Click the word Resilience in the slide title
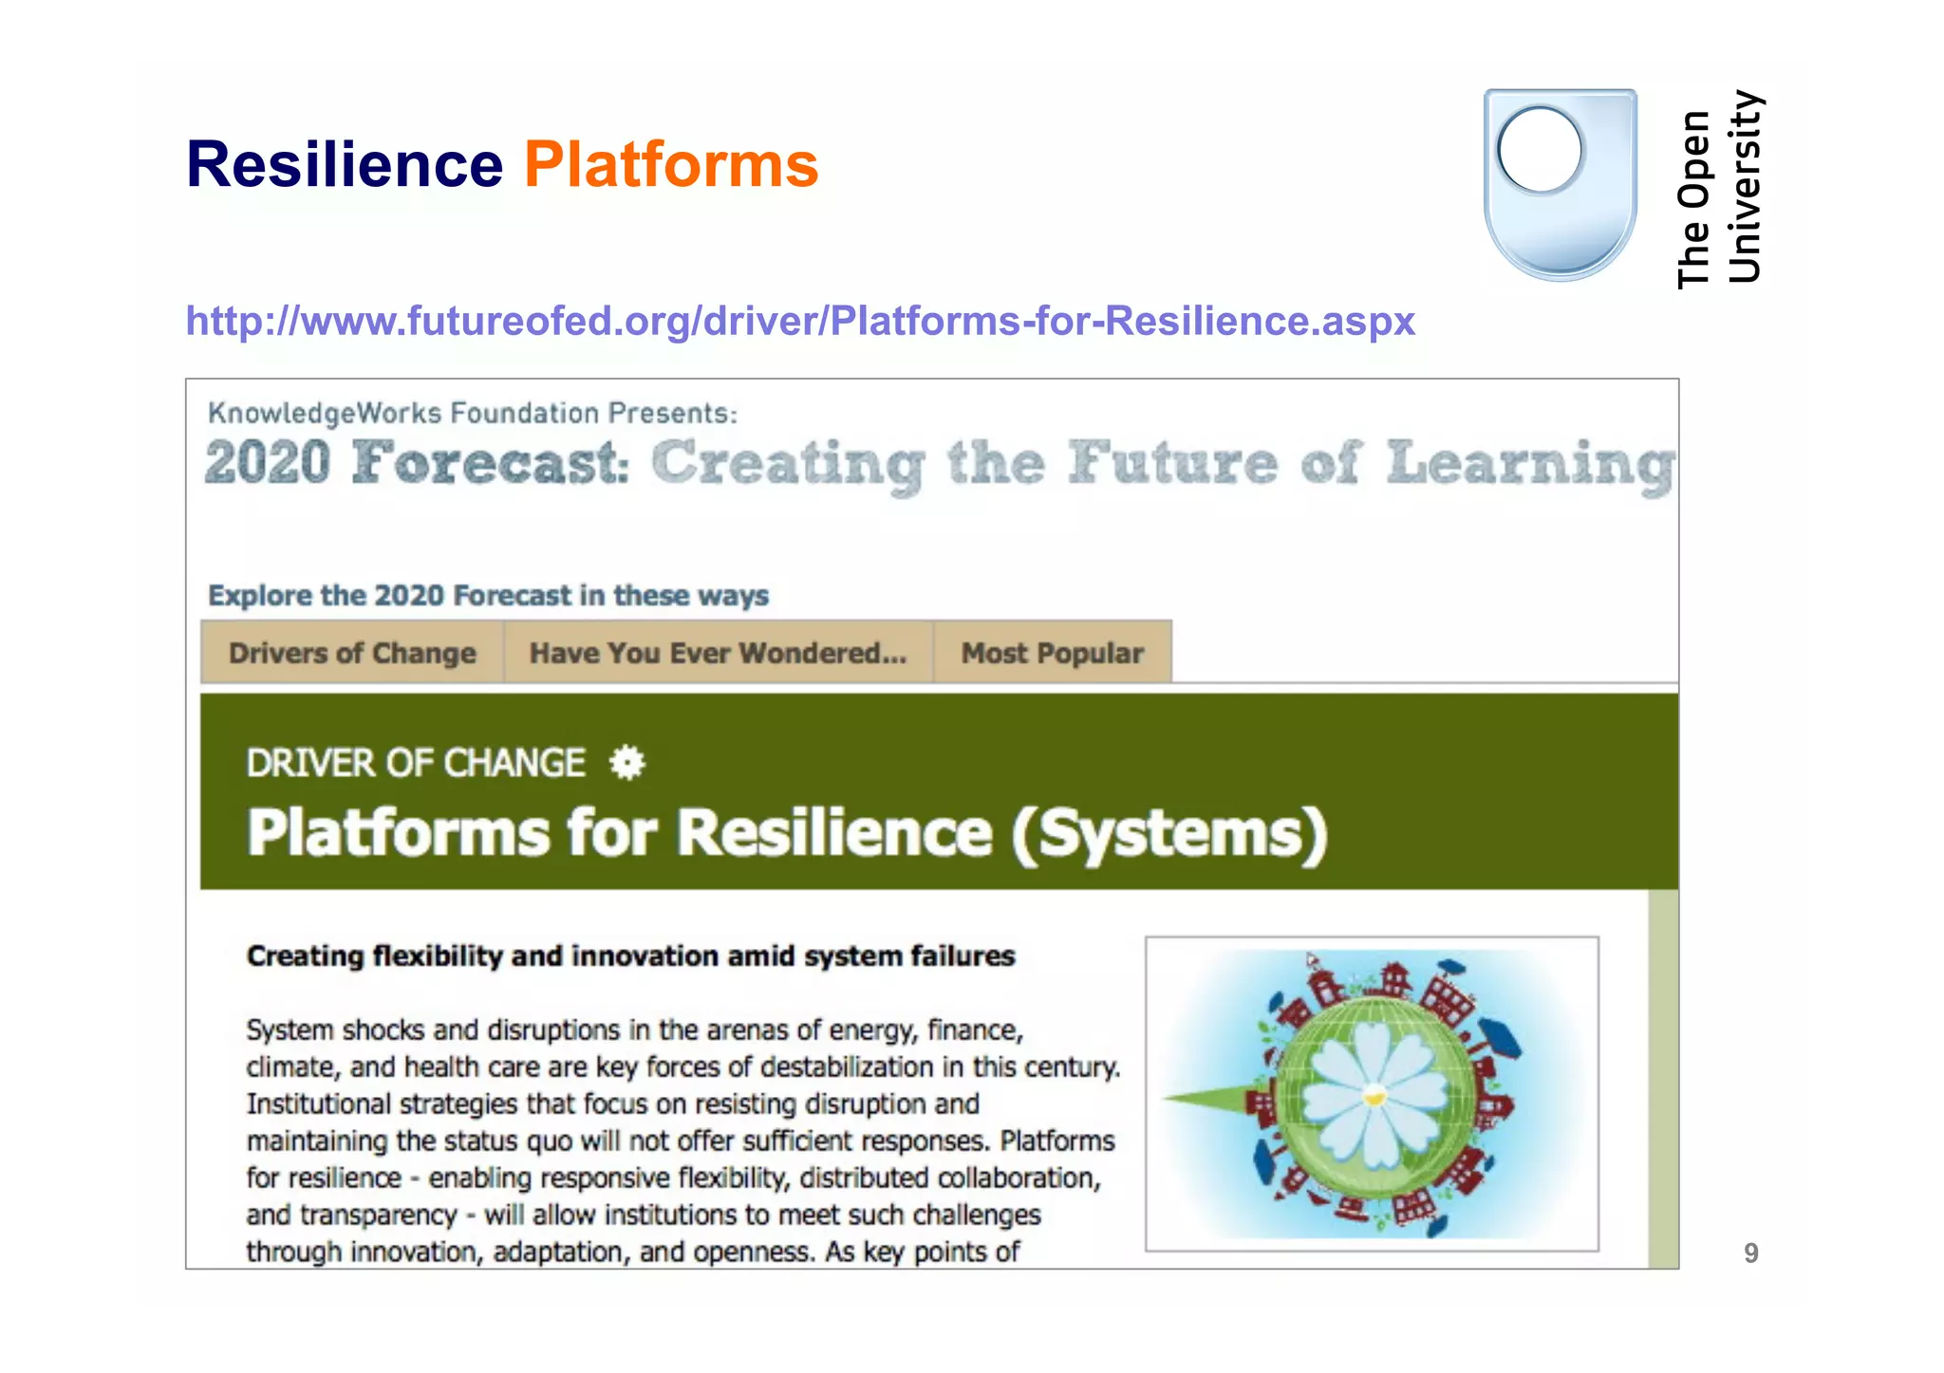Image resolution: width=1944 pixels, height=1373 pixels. coord(344,164)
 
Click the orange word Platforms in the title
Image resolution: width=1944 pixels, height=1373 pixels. coord(671,164)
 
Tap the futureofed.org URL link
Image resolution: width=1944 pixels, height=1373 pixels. coord(799,321)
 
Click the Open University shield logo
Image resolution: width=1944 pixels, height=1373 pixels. coord(1560,185)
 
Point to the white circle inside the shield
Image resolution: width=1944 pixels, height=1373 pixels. coord(1540,150)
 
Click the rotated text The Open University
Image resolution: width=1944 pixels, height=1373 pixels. coord(1717,189)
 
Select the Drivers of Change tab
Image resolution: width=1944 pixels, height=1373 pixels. coord(352,653)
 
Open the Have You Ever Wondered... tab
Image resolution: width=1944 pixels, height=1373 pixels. coord(718,653)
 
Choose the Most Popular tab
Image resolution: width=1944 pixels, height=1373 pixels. coord(1052,653)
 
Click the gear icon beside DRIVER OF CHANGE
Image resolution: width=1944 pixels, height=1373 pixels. coord(627,763)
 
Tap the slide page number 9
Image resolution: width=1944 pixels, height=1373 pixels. coord(1750,1253)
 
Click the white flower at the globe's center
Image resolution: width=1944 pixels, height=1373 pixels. coord(1374,1097)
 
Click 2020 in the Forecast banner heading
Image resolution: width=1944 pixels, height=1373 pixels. coord(268,463)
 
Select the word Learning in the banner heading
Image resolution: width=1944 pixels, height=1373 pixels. coord(1530,465)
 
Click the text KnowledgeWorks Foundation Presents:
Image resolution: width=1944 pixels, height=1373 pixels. coord(472,414)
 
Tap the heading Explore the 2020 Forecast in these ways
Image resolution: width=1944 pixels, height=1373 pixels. coord(488,596)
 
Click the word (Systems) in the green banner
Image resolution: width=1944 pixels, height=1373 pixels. coord(1168,834)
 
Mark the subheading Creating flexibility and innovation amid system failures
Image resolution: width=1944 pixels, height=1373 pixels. coord(630,956)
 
